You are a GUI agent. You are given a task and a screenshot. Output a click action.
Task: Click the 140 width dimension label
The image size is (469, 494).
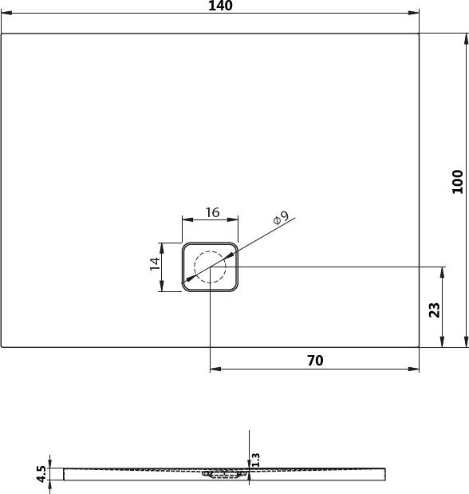[219, 6]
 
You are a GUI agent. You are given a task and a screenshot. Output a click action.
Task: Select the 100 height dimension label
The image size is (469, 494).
[457, 182]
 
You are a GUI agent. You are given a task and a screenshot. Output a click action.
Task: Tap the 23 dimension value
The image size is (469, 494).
[435, 309]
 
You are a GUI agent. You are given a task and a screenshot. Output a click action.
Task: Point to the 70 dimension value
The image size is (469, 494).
[315, 361]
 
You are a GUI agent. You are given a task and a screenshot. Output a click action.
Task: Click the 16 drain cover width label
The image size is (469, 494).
[212, 212]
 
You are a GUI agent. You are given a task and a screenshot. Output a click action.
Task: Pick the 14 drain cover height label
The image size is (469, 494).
[156, 263]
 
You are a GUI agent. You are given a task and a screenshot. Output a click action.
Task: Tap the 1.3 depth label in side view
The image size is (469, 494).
[256, 460]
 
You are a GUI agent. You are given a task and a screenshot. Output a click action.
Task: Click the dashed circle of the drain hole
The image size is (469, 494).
[210, 267]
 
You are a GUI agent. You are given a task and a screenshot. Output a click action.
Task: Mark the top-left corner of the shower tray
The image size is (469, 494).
[2, 34]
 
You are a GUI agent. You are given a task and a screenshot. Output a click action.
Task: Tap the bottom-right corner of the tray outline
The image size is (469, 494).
[419, 346]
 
